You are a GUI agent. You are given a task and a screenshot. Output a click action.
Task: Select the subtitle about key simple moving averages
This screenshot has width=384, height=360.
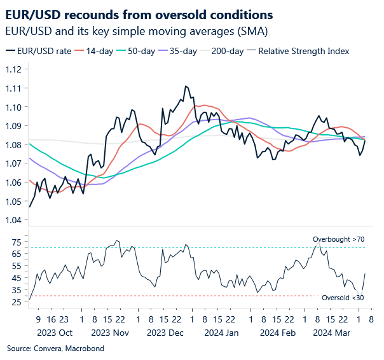coord(136,31)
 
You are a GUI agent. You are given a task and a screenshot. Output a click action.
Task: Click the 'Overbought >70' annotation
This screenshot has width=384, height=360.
coord(339,239)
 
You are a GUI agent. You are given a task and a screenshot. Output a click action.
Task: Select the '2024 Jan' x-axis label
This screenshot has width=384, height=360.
coord(221,333)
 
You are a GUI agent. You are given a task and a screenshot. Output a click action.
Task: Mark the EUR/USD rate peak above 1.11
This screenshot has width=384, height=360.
coord(185,86)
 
